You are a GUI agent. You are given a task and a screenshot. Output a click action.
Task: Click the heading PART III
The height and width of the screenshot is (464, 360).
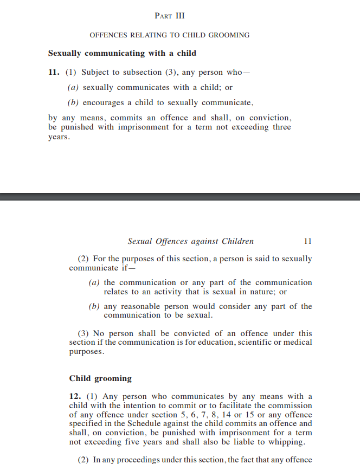coord(170,16)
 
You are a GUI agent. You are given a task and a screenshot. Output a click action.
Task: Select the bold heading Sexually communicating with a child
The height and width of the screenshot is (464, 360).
coord(122,53)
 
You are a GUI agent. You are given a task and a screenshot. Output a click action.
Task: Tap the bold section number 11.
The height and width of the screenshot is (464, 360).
coord(54,72)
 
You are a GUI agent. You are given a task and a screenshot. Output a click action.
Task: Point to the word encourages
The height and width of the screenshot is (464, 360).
coord(104,102)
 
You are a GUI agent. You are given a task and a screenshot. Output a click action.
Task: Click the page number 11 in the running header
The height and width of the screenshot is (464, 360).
coord(308,241)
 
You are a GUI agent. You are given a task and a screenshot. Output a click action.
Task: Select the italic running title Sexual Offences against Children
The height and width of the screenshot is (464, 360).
coord(190,241)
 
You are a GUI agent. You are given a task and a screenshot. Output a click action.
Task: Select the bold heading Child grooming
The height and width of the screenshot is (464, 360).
coord(100,378)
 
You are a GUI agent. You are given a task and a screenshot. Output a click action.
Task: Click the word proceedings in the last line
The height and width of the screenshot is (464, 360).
coord(137,460)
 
